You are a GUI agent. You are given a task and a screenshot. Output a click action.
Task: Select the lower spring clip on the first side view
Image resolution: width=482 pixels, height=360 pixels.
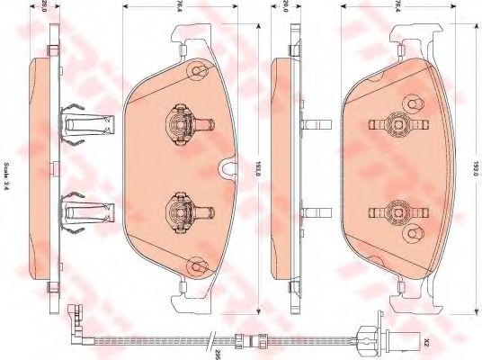click(85, 211)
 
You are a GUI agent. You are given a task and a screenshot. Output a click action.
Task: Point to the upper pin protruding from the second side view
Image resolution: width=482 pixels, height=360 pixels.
click(314, 122)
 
